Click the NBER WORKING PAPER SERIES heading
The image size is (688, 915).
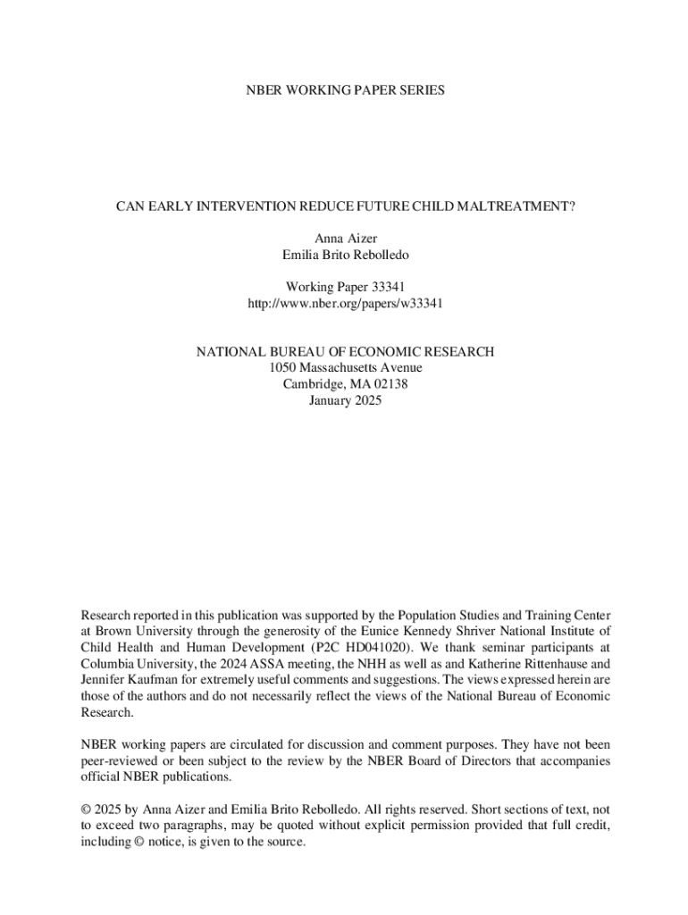pyautogui.click(x=345, y=90)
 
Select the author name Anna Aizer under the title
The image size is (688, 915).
pyautogui.click(x=345, y=239)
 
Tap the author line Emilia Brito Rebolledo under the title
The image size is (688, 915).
pyautogui.click(x=345, y=255)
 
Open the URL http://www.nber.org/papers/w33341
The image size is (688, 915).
pyautogui.click(x=345, y=303)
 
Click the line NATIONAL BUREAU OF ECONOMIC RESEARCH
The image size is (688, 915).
pyautogui.click(x=345, y=352)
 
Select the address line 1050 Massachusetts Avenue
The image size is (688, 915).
pyautogui.click(x=345, y=368)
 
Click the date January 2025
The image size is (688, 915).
pyautogui.click(x=345, y=400)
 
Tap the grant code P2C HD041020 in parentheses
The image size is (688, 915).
pyautogui.click(x=366, y=647)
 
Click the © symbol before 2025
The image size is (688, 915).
pyautogui.click(x=86, y=810)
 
